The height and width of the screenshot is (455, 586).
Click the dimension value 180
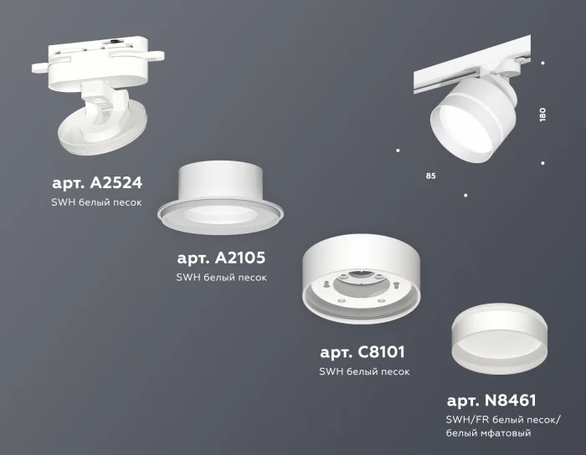tap(543, 114)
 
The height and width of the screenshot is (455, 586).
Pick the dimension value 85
tap(430, 176)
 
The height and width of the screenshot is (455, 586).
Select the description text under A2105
tap(222, 278)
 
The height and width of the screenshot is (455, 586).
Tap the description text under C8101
tap(364, 371)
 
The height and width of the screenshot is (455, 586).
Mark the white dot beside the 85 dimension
tap(397, 151)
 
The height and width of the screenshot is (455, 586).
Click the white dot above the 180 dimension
tap(543, 62)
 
